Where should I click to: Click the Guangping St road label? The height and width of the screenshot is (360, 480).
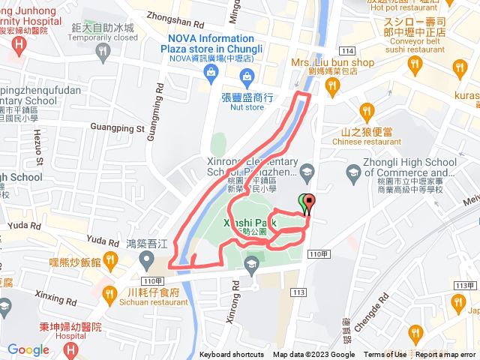pos(116,128)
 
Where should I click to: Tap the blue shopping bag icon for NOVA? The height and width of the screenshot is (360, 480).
pos(210,71)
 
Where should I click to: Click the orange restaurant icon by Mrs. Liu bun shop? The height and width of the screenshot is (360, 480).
pos(331,86)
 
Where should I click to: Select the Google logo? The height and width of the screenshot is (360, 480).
pos(28,349)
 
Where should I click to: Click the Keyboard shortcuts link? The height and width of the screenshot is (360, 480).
pos(231,355)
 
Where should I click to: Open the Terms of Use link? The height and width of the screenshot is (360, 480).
pos(385,355)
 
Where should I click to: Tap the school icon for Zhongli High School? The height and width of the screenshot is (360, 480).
pos(352,174)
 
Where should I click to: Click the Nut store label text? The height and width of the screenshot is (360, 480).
pos(244,107)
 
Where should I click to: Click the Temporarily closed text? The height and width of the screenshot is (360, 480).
pos(105,37)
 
